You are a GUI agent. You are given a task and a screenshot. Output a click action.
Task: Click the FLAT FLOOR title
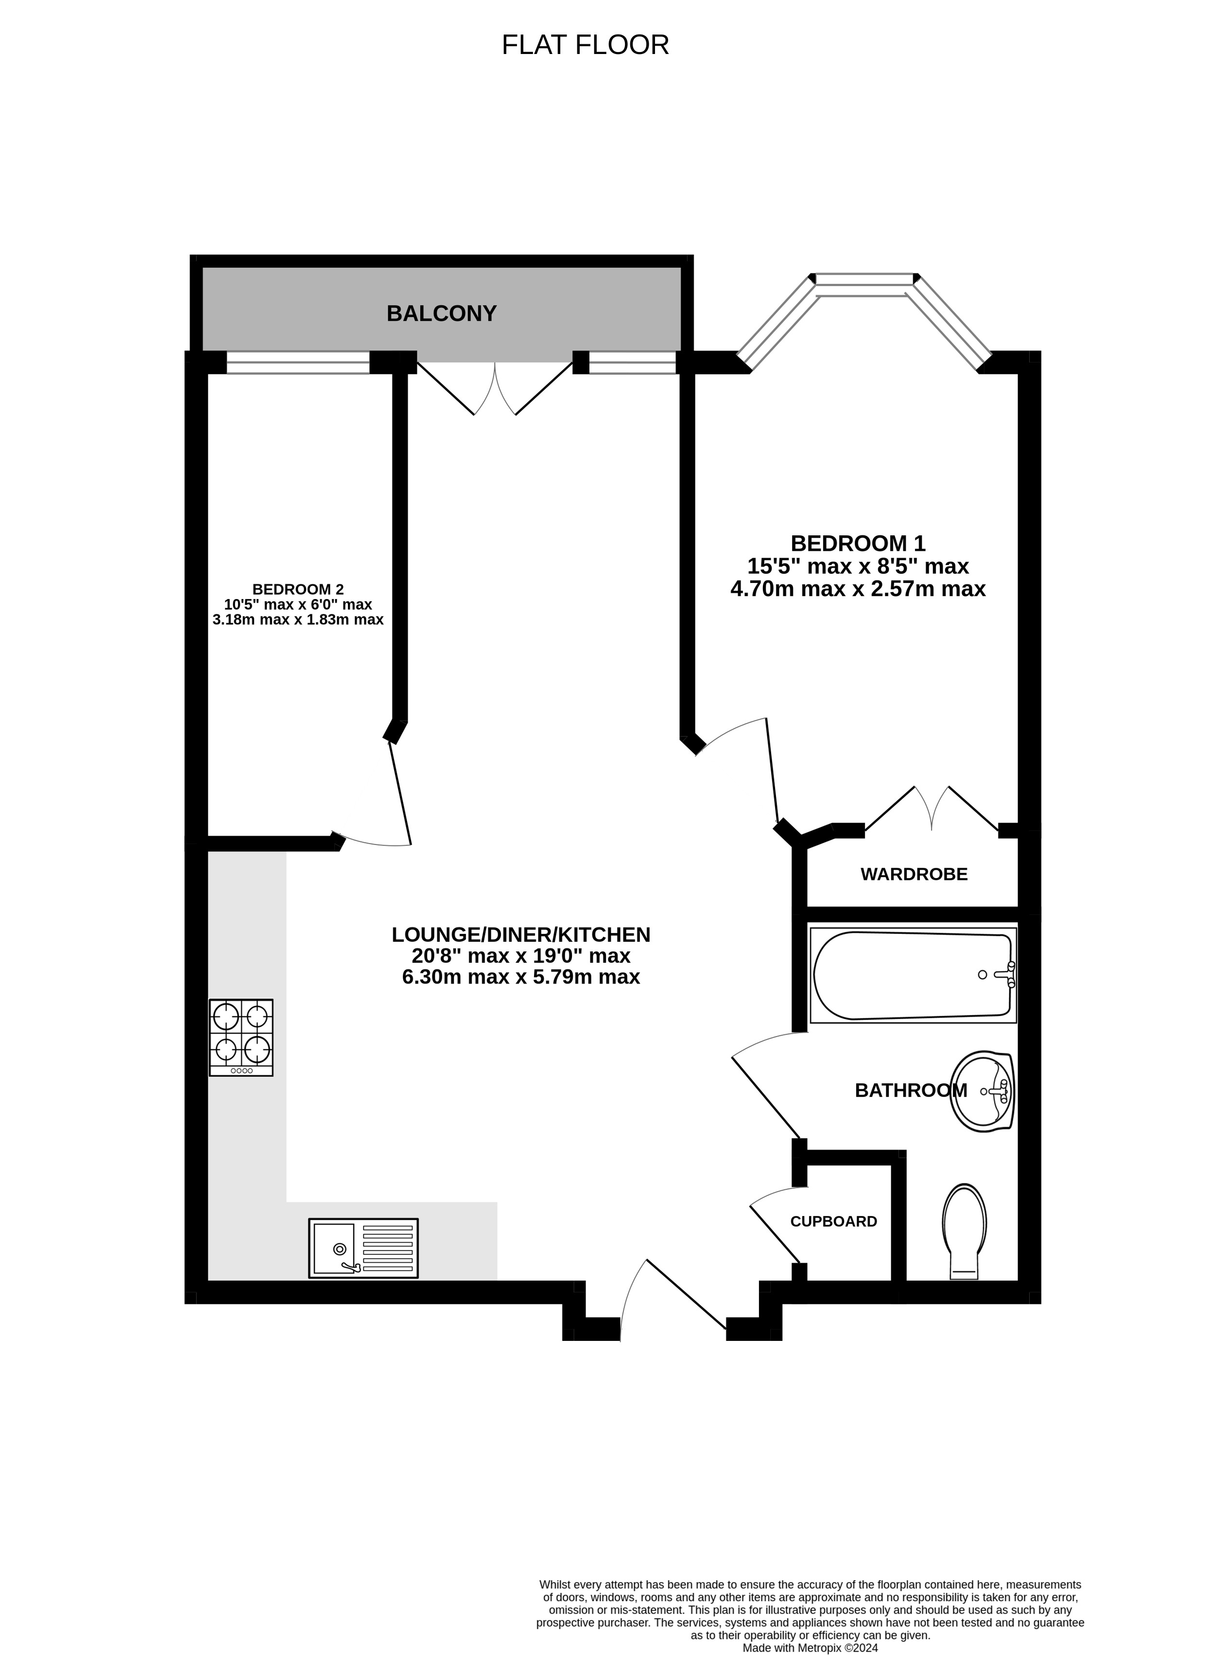585,45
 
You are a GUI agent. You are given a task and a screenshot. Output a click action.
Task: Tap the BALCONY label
441,314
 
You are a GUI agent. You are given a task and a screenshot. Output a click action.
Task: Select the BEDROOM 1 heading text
858,543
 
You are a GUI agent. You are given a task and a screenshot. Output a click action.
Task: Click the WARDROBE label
914,875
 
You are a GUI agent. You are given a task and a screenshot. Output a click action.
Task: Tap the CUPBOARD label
833,1222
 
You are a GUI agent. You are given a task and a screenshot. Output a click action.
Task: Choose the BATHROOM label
911,1091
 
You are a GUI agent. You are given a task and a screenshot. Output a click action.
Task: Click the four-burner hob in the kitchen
241,1037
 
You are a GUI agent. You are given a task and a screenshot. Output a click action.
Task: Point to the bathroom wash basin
982,1091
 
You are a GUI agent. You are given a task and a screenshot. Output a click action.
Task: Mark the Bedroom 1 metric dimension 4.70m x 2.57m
858,589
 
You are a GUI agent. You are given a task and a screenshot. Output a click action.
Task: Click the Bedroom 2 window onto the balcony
298,363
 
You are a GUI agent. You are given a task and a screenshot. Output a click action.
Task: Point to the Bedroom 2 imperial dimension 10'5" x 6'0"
298,605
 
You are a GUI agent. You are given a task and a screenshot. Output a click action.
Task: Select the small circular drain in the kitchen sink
340,1249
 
